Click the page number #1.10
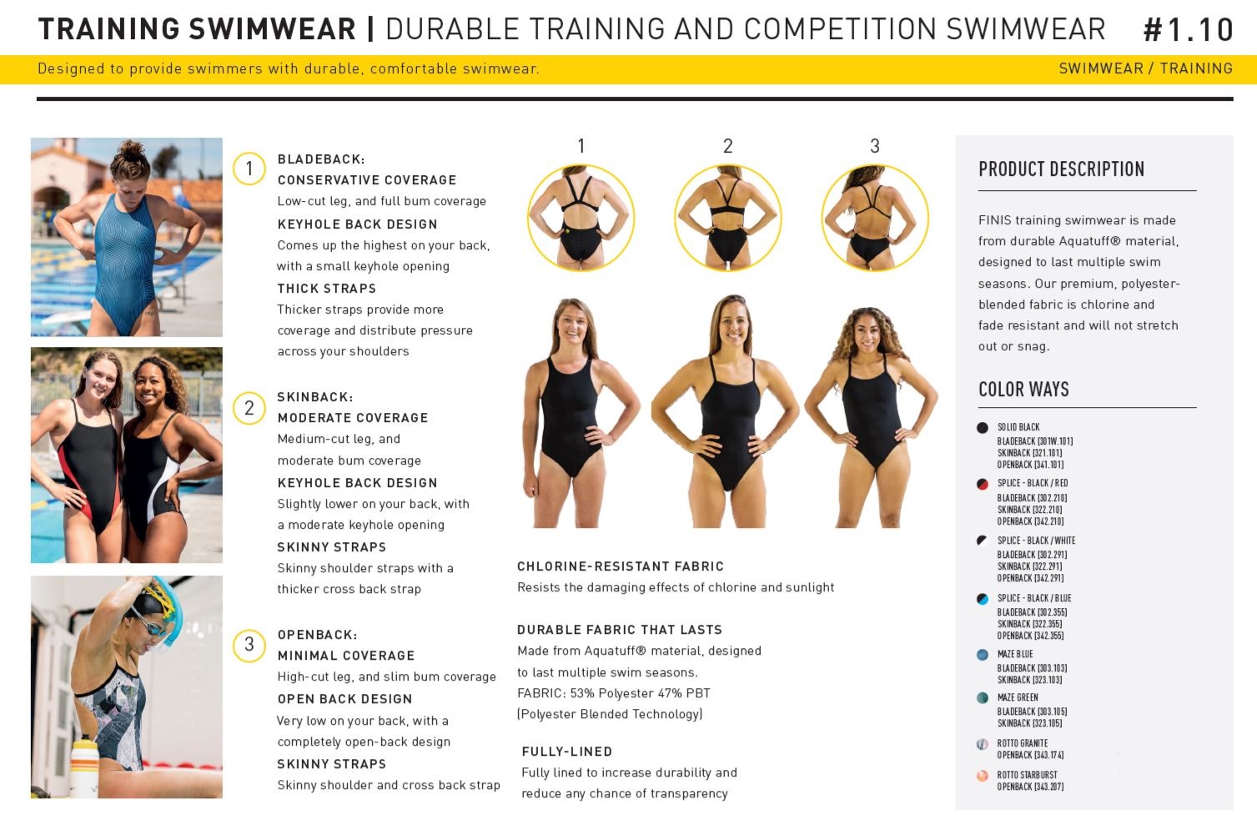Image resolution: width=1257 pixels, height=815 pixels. (x=1188, y=30)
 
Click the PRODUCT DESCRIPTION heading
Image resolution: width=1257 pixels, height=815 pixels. (x=1061, y=169)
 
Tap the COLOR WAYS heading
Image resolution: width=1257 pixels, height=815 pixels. (x=1023, y=389)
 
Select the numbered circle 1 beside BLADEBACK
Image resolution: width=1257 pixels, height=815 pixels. (x=249, y=169)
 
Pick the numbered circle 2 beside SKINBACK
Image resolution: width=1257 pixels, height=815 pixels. (x=249, y=408)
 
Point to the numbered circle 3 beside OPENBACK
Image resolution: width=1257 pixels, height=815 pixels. (x=249, y=645)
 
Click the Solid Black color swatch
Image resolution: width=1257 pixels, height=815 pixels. (x=983, y=428)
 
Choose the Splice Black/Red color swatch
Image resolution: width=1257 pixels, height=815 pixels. (x=983, y=484)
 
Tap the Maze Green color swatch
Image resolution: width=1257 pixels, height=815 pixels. (x=983, y=697)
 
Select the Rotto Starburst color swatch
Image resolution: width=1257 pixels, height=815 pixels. (x=983, y=776)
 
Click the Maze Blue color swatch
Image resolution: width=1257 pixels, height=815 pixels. (x=983, y=655)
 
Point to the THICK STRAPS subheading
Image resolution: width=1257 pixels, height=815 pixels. (x=327, y=289)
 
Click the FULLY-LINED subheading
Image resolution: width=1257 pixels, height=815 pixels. (x=566, y=752)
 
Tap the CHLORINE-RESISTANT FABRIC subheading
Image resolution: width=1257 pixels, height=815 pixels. (x=620, y=566)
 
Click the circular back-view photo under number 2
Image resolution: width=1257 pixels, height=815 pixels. (x=728, y=219)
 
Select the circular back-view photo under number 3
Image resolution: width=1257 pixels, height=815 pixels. (x=875, y=219)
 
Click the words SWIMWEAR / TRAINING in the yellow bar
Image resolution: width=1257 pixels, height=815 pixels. (x=1146, y=68)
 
